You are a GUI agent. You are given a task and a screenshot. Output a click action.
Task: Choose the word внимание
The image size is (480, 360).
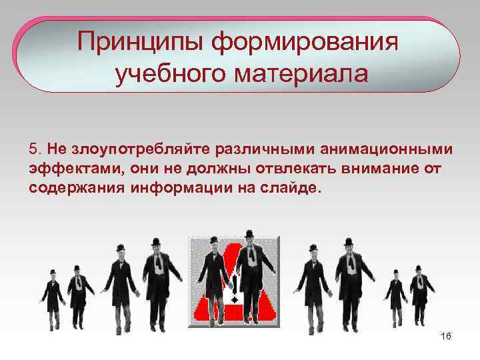[x=387, y=167]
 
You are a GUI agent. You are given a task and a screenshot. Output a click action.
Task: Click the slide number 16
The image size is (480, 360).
[x=446, y=336]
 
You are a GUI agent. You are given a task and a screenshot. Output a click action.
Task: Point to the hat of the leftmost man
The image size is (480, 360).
[x=52, y=272]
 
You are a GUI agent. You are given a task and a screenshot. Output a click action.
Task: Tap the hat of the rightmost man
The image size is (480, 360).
[x=419, y=269]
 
